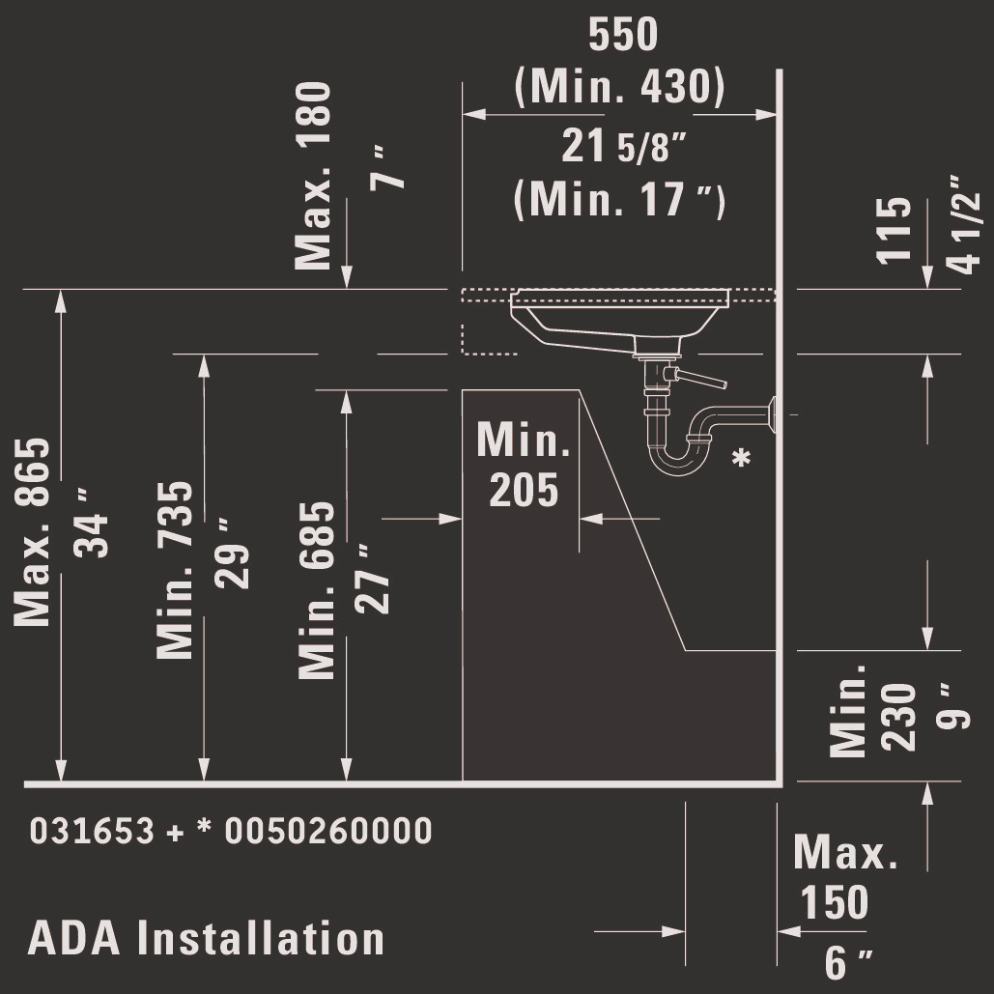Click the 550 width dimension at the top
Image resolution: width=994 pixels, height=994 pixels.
623,35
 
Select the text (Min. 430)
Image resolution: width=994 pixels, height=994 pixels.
619,88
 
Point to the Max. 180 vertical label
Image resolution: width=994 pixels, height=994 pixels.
313,176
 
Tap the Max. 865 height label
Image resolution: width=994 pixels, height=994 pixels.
32,532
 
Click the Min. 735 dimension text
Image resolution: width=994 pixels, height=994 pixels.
176,570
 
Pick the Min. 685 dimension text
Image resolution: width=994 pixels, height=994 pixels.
317,589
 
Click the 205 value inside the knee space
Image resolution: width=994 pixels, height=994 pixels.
524,490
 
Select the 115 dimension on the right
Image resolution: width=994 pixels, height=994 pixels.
895,230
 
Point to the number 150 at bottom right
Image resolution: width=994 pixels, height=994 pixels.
834,902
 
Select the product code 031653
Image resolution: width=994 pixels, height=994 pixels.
92,831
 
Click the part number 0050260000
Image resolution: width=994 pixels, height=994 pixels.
328,831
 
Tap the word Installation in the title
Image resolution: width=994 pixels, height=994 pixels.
260,939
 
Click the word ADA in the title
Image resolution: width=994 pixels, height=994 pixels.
73,939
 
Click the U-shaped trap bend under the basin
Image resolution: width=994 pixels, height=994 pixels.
680,460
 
